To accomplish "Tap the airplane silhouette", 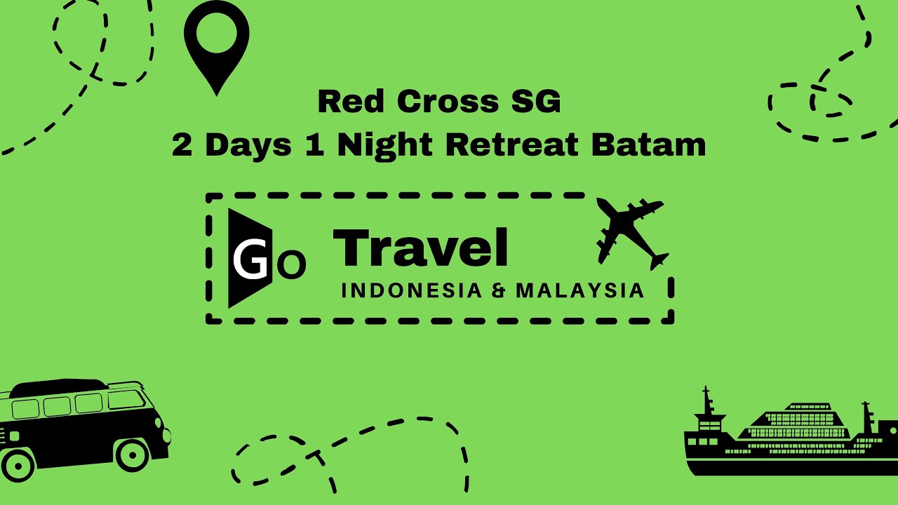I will coord(631,231).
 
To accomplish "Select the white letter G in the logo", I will coord(250,260).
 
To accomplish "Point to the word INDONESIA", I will coord(412,290).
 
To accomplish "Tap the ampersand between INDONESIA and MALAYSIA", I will coord(498,290).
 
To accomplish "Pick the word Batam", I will coord(648,144).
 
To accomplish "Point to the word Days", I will coord(248,144).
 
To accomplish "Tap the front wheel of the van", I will coord(132,454).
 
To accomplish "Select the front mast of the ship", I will coord(707,403).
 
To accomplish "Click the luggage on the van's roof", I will coord(60,386).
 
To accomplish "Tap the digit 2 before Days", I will coord(182,144).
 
